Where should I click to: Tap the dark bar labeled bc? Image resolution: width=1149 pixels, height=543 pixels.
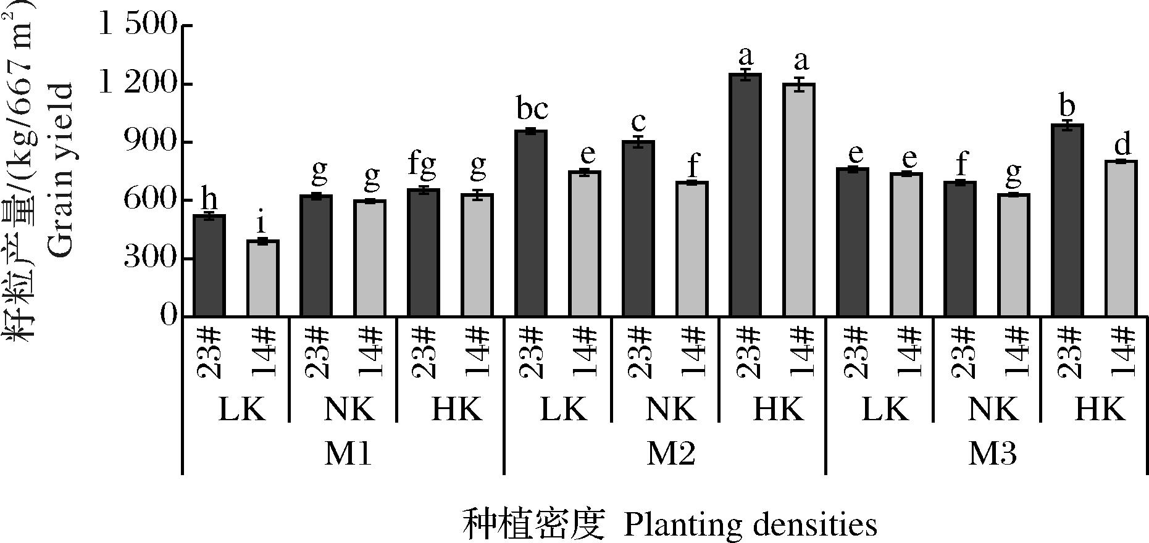coord(531,223)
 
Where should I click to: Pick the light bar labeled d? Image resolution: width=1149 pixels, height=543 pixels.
coord(1121,238)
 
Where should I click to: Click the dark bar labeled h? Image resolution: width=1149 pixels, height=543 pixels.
coord(209,265)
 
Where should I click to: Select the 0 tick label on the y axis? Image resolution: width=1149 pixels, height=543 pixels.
coord(168,316)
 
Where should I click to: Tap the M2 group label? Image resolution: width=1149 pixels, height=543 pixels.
coord(671,454)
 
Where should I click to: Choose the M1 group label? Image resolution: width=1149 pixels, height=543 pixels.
coord(348,454)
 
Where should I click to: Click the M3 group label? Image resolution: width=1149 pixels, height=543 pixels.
coord(992,454)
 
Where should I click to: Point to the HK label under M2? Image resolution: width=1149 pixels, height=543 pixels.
coord(779,409)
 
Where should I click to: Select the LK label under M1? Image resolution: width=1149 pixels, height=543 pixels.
coord(242,409)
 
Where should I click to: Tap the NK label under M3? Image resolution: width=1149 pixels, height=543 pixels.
coord(993,409)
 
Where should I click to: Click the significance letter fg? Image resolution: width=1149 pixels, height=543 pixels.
coord(422,165)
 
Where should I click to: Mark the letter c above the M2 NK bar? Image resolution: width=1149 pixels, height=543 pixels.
coord(638,120)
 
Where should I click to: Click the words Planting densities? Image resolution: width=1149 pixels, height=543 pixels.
coord(750,525)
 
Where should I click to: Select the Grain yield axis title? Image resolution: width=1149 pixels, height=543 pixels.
coord(61,170)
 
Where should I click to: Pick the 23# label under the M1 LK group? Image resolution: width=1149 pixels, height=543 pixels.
coord(209,352)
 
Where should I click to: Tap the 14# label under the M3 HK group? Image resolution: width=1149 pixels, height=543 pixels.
coord(1122,352)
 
